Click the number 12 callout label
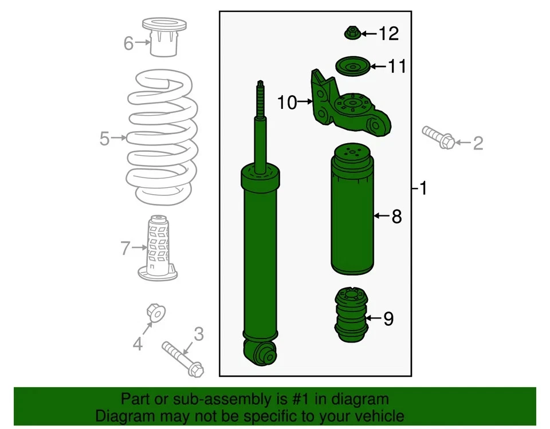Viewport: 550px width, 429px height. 388,34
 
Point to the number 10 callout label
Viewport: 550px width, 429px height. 288,103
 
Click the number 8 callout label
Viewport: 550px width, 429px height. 396,217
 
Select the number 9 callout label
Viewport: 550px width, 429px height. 388,319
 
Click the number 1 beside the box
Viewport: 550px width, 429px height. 423,188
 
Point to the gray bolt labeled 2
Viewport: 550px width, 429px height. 439,137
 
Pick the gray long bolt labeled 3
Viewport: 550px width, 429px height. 182,358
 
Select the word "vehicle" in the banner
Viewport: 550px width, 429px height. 376,416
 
